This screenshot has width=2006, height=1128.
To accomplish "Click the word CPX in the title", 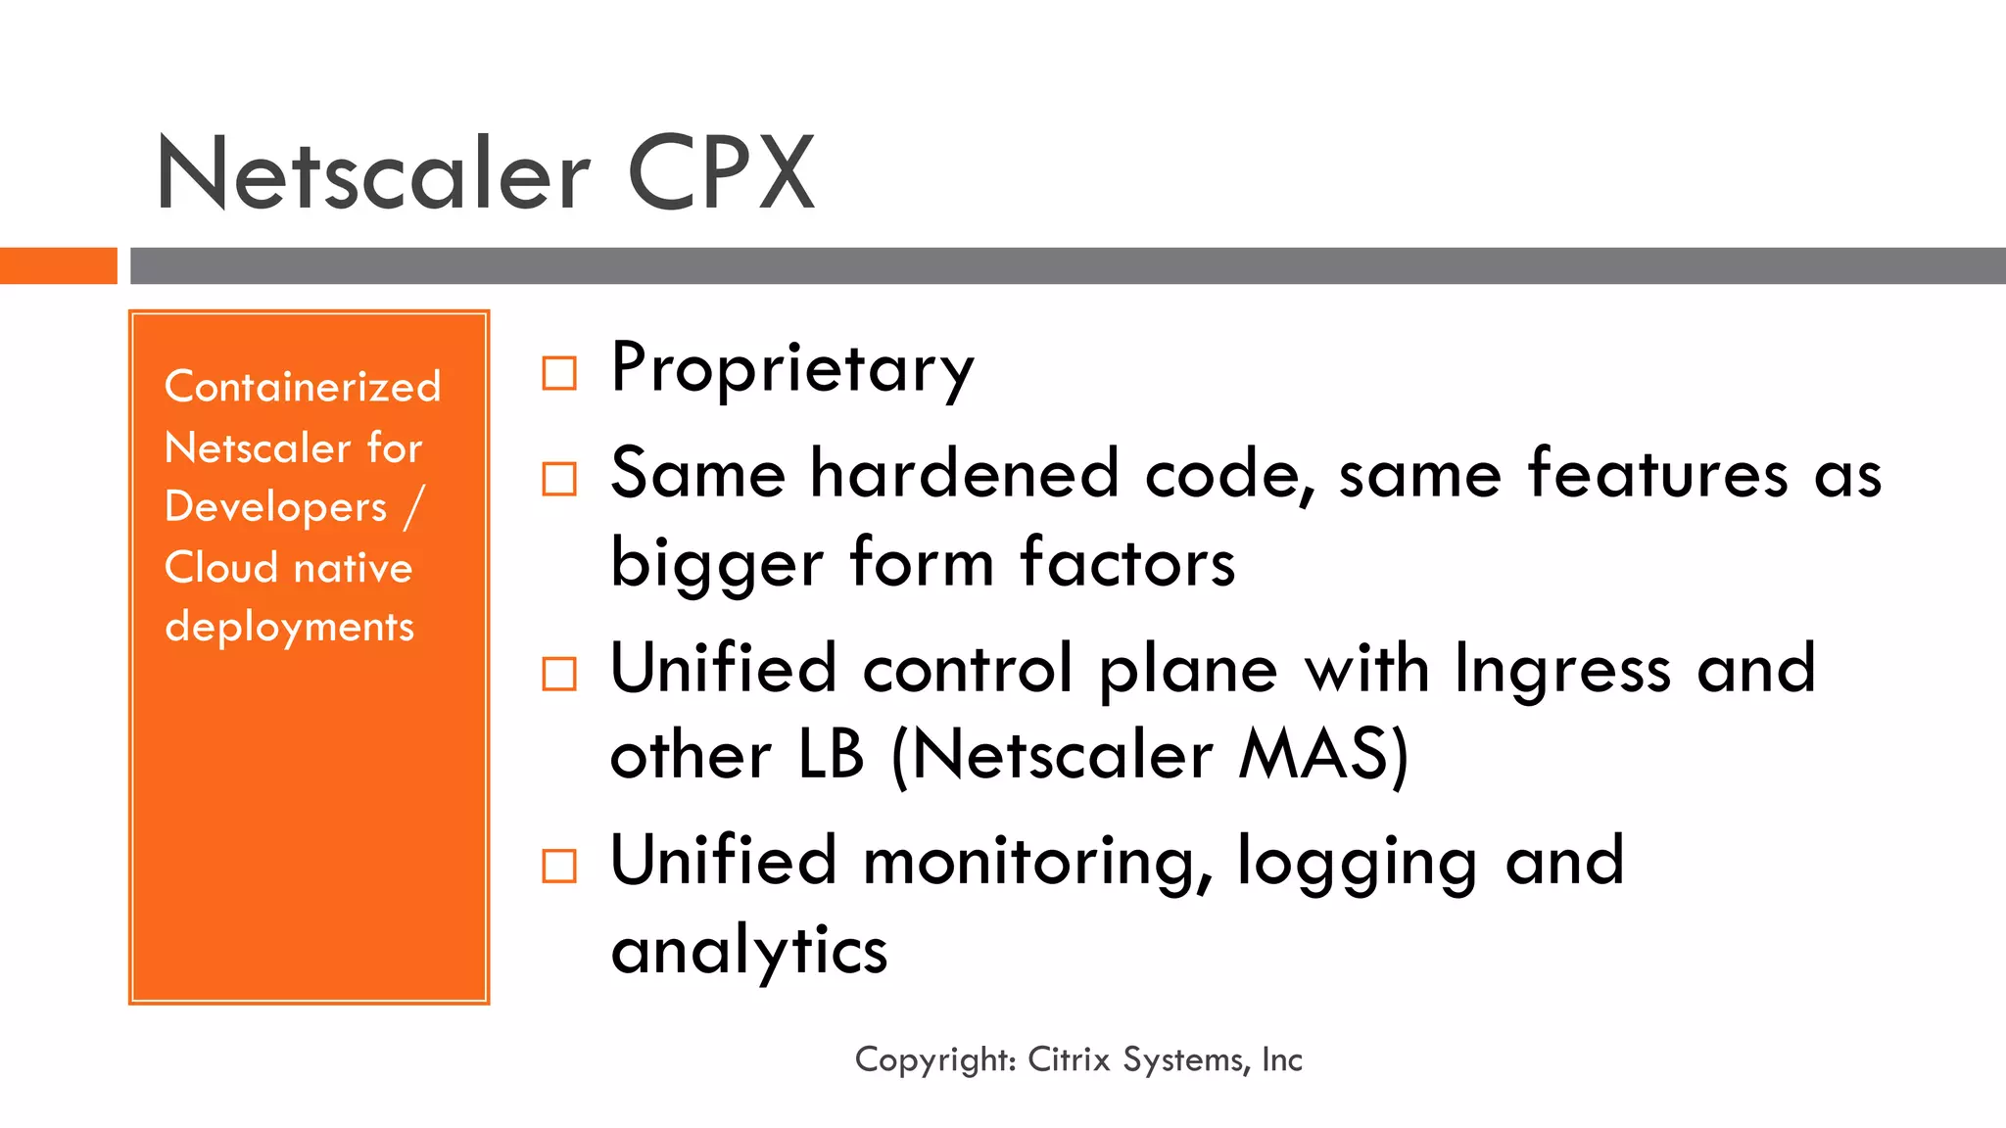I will click(720, 174).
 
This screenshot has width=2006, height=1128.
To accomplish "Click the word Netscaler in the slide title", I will click(373, 174).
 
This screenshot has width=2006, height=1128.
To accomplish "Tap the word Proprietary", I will click(792, 368).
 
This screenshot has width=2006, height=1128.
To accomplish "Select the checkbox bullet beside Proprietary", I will click(559, 373).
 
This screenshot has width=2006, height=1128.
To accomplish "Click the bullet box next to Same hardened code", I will click(559, 479).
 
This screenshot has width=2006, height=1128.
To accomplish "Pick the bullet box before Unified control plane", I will click(559, 674).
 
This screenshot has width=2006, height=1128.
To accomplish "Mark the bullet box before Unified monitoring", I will click(559, 866).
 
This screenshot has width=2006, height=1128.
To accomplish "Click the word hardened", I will click(964, 474).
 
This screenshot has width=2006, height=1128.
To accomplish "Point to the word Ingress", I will click(1562, 670).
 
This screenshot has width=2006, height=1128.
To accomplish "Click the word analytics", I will click(749, 951).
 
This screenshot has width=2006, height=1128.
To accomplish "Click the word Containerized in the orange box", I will click(303, 387).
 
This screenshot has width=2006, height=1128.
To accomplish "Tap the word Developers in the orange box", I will click(276, 507).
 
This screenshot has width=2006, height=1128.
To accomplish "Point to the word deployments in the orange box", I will click(290, 628).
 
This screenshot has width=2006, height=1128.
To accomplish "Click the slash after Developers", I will click(413, 507).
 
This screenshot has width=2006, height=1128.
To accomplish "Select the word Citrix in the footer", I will click(1069, 1059).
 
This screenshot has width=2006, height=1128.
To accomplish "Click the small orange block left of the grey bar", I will click(59, 265).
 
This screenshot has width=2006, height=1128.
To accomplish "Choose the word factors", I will click(1127, 564).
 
